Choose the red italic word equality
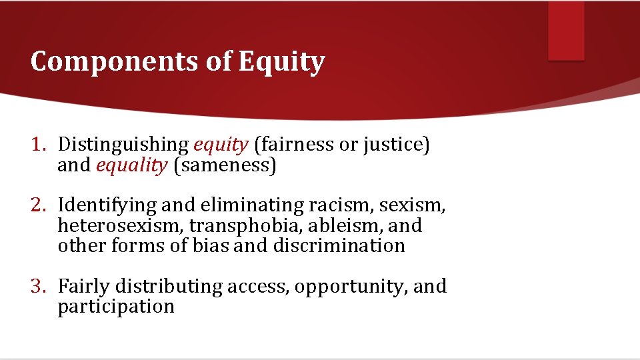click(132, 165)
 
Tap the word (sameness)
click(225, 165)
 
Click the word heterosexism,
click(121, 225)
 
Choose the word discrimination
click(339, 245)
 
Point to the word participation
click(116, 307)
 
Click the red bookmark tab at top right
click(566, 31)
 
